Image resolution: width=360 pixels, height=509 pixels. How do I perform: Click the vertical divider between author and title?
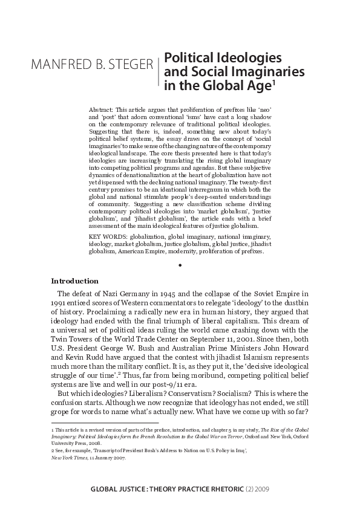coord(159,71)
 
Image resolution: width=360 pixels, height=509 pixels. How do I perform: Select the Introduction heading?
coord(74,281)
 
